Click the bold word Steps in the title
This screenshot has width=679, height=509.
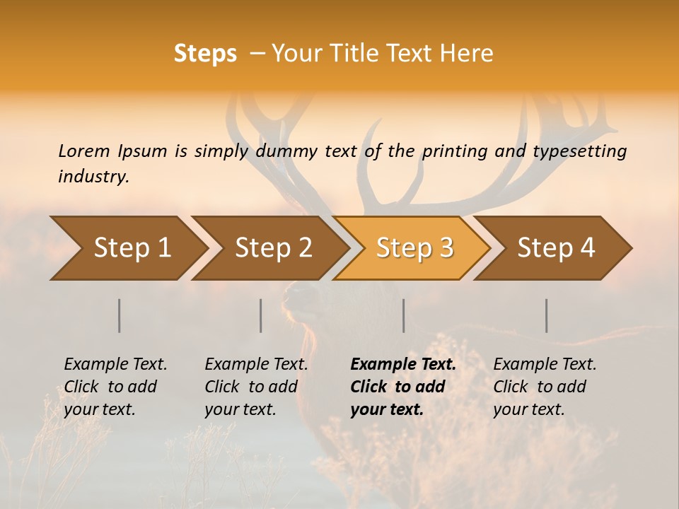[205, 54]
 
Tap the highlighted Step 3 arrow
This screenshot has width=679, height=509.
[414, 247]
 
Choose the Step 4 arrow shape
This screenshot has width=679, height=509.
[556, 247]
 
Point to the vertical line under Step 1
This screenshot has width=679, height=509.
[120, 315]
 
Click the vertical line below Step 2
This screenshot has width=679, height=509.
[261, 315]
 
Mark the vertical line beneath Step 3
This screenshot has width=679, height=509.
[403, 315]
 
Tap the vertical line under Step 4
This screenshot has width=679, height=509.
[547, 315]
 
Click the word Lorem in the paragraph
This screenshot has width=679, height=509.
[84, 151]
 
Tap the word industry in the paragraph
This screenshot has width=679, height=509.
[93, 177]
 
